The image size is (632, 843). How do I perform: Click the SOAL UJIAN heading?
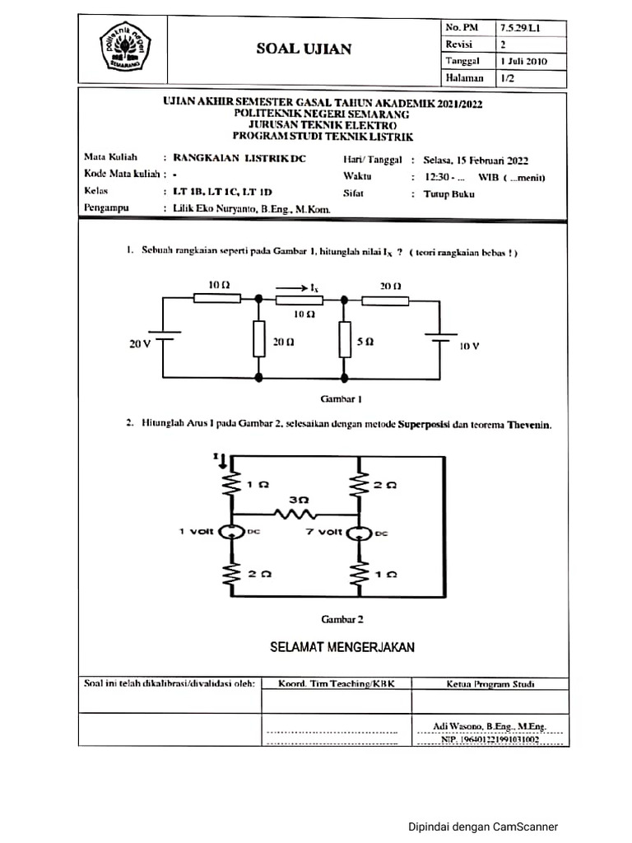(x=304, y=49)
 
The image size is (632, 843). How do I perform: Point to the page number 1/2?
(x=506, y=78)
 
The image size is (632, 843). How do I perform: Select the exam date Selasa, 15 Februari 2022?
(x=475, y=160)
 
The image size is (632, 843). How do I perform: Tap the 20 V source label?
(x=140, y=344)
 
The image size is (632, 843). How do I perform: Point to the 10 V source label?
(x=468, y=347)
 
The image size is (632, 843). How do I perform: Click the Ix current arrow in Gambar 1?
(x=296, y=287)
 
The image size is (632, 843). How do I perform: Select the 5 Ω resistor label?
(x=365, y=340)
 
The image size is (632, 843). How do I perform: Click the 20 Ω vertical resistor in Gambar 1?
(x=259, y=338)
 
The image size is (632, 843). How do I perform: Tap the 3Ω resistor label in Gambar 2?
(x=299, y=500)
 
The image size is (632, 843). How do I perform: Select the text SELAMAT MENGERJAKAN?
(x=342, y=647)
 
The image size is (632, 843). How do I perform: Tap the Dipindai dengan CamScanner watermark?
(x=483, y=827)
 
